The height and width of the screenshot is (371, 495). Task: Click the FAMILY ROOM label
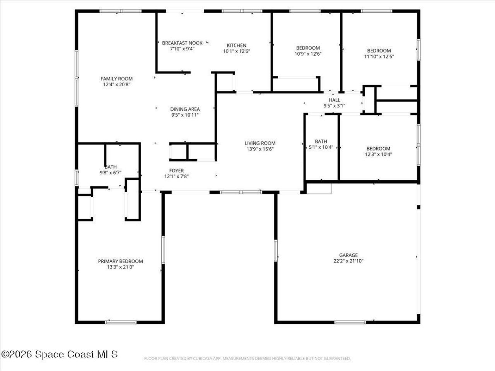[116, 79]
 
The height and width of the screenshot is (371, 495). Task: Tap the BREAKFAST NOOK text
[182, 43]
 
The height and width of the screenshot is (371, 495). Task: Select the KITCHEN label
[236, 45]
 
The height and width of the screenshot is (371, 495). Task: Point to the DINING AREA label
[185, 109]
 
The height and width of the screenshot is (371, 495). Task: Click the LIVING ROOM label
[260, 143]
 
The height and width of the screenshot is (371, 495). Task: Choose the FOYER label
[176, 170]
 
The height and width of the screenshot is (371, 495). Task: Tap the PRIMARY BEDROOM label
[120, 261]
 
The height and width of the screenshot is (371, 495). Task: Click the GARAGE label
[348, 255]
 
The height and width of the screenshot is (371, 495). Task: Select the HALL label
[335, 100]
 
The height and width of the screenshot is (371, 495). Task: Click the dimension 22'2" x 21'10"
[348, 261]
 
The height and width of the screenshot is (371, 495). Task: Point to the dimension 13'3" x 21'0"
[120, 267]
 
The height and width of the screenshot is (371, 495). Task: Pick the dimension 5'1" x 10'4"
[321, 147]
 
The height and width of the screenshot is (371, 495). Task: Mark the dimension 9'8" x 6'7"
[111, 173]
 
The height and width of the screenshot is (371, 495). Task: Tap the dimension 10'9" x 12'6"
[308, 54]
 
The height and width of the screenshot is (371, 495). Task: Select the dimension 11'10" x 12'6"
[379, 56]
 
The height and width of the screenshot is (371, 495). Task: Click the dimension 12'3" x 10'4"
[378, 154]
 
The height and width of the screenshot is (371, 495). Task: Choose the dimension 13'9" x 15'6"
[260, 149]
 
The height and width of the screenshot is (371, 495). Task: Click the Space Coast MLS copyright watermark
[60, 354]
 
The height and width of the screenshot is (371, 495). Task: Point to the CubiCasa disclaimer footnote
[247, 359]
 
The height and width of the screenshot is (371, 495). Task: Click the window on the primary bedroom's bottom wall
[121, 322]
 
